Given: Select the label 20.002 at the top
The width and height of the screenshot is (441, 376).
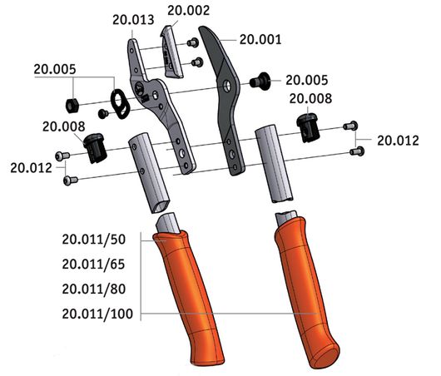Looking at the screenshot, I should [x=189, y=10].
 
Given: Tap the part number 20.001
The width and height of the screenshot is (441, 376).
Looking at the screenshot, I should [x=260, y=38].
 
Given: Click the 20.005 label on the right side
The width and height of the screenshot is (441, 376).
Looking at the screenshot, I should [x=307, y=80].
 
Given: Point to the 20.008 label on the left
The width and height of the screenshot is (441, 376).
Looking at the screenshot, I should [x=64, y=126].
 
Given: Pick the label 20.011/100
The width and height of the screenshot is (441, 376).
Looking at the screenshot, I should [x=98, y=314].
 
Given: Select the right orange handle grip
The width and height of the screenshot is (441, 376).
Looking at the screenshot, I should [x=305, y=291].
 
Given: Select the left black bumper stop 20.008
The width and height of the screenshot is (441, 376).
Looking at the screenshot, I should [x=97, y=149].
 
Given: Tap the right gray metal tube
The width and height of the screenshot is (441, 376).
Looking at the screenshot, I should [x=275, y=162].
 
